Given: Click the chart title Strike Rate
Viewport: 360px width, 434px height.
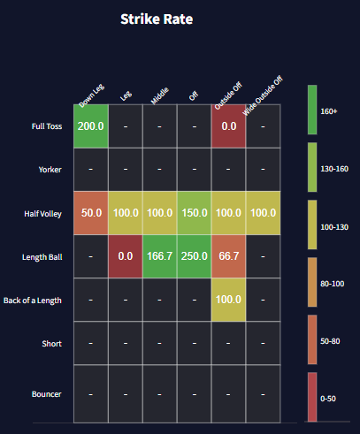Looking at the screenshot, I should point(157,18).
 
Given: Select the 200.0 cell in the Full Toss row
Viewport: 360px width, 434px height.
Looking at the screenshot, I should point(90,126).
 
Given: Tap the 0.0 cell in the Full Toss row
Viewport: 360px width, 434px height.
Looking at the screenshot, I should point(228,126).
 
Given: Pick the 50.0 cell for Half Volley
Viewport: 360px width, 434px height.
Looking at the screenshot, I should point(90,213).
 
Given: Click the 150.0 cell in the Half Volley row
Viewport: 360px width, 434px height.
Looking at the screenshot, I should point(194,213).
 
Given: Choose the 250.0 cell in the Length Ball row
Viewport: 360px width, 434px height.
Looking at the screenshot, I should point(194,256).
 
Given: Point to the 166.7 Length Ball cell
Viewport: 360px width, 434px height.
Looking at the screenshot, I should point(159,256).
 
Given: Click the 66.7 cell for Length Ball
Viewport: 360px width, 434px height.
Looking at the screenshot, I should point(228,256).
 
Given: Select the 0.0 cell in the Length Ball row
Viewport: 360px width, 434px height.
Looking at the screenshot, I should point(125,256).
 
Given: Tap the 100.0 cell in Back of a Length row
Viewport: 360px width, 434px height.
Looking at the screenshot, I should point(228,301).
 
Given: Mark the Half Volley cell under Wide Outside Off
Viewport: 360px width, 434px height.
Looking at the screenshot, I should point(263,213).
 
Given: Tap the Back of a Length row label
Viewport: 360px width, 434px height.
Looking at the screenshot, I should point(32,301).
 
